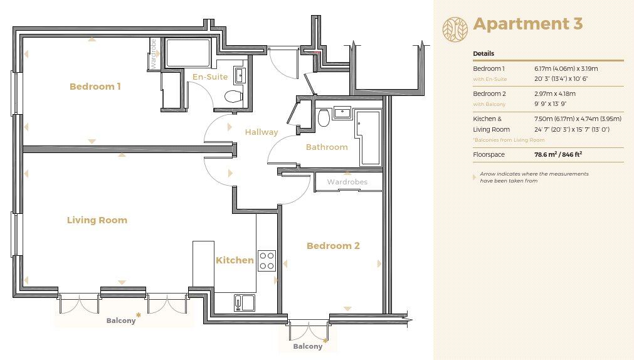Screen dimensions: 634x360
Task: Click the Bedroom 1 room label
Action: click(95, 86)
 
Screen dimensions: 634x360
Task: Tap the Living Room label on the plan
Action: click(97, 220)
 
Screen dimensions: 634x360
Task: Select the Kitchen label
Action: click(235, 260)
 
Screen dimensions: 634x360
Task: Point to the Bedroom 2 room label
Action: click(333, 245)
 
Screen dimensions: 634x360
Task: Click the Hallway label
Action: click(262, 132)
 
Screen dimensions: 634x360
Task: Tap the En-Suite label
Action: click(210, 77)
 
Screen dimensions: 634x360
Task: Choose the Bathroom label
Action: click(327, 147)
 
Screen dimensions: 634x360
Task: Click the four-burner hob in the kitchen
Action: click(267, 261)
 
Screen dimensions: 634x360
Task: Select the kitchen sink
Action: click(244, 303)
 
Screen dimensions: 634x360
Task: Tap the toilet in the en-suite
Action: click(233, 97)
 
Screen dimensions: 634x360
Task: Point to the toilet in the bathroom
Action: click(324, 117)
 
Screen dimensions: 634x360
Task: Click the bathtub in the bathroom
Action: click(367, 137)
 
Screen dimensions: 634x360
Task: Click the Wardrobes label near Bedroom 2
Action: click(347, 182)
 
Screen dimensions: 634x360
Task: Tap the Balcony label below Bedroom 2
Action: click(308, 346)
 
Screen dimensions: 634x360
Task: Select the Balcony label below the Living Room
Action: click(121, 320)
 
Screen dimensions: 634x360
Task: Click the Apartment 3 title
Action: click(527, 23)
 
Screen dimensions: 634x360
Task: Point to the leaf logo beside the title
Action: click(455, 29)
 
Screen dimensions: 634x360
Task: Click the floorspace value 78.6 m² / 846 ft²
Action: click(558, 154)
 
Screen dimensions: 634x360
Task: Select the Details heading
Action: click(483, 53)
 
